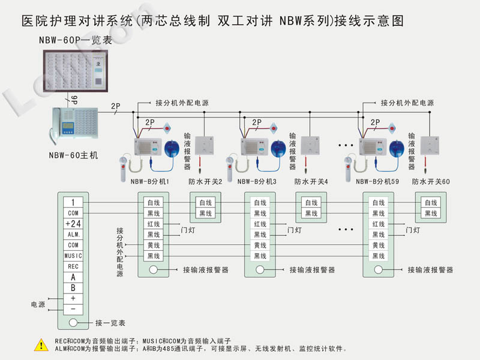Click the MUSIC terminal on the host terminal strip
click(73, 256)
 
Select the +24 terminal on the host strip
click(73, 224)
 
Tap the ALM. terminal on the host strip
click(73, 235)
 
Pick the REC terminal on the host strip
click(73, 266)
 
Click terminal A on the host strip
click(73, 277)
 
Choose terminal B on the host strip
click(73, 287)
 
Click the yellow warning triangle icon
click(41, 344)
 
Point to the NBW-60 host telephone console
click(75, 127)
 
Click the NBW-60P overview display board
click(75, 68)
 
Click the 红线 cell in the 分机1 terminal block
click(154, 224)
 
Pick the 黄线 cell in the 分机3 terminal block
click(260, 245)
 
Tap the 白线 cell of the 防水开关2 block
click(205, 203)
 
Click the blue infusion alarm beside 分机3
click(277, 147)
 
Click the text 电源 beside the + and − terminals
click(38, 304)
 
